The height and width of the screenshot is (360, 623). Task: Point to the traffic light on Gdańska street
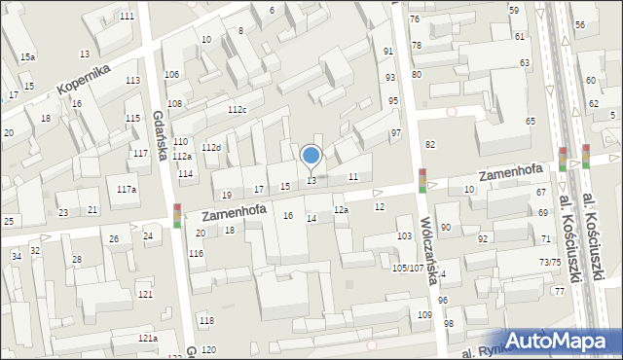177,215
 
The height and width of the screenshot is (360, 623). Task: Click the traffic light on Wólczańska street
422,181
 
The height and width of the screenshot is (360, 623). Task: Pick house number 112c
238,110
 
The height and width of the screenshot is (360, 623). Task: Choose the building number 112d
211,147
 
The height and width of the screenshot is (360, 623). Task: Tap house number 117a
127,190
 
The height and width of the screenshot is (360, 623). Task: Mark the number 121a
147,338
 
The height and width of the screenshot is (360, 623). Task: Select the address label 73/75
550,262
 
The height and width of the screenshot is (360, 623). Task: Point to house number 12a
341,210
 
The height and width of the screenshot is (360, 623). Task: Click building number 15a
27,57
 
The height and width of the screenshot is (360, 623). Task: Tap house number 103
405,236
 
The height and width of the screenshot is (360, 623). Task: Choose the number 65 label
531,121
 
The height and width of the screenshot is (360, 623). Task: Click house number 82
429,144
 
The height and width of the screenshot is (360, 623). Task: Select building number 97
395,132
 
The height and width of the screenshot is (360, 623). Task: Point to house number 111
127,17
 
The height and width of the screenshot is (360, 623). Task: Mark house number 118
206,320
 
